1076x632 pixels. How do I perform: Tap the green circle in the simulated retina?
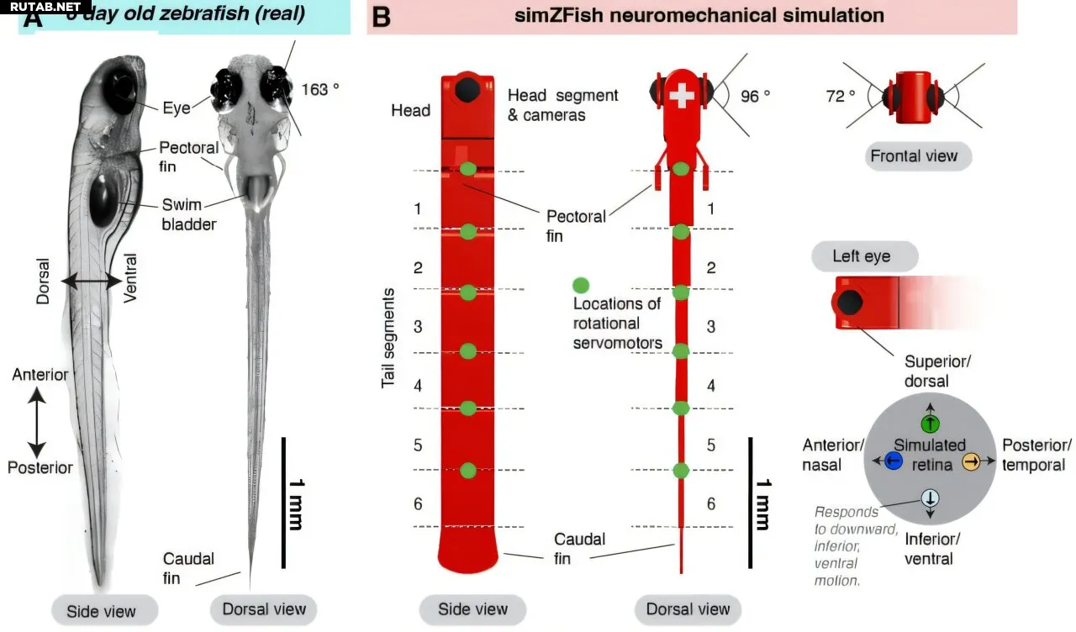(930, 424)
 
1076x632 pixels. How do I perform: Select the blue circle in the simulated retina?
(894, 461)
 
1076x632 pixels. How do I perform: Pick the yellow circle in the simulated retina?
(971, 461)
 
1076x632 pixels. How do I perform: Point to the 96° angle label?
(755, 97)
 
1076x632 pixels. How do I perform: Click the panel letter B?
(381, 17)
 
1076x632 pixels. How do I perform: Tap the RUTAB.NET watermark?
(40, 7)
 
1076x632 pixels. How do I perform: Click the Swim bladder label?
(190, 213)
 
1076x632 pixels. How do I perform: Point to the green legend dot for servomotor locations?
(581, 285)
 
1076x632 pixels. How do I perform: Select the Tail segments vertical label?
(388, 337)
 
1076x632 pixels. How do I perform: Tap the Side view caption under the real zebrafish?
(101, 611)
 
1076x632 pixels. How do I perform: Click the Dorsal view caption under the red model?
(688, 609)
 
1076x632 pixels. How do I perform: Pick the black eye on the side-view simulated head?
(468, 89)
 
